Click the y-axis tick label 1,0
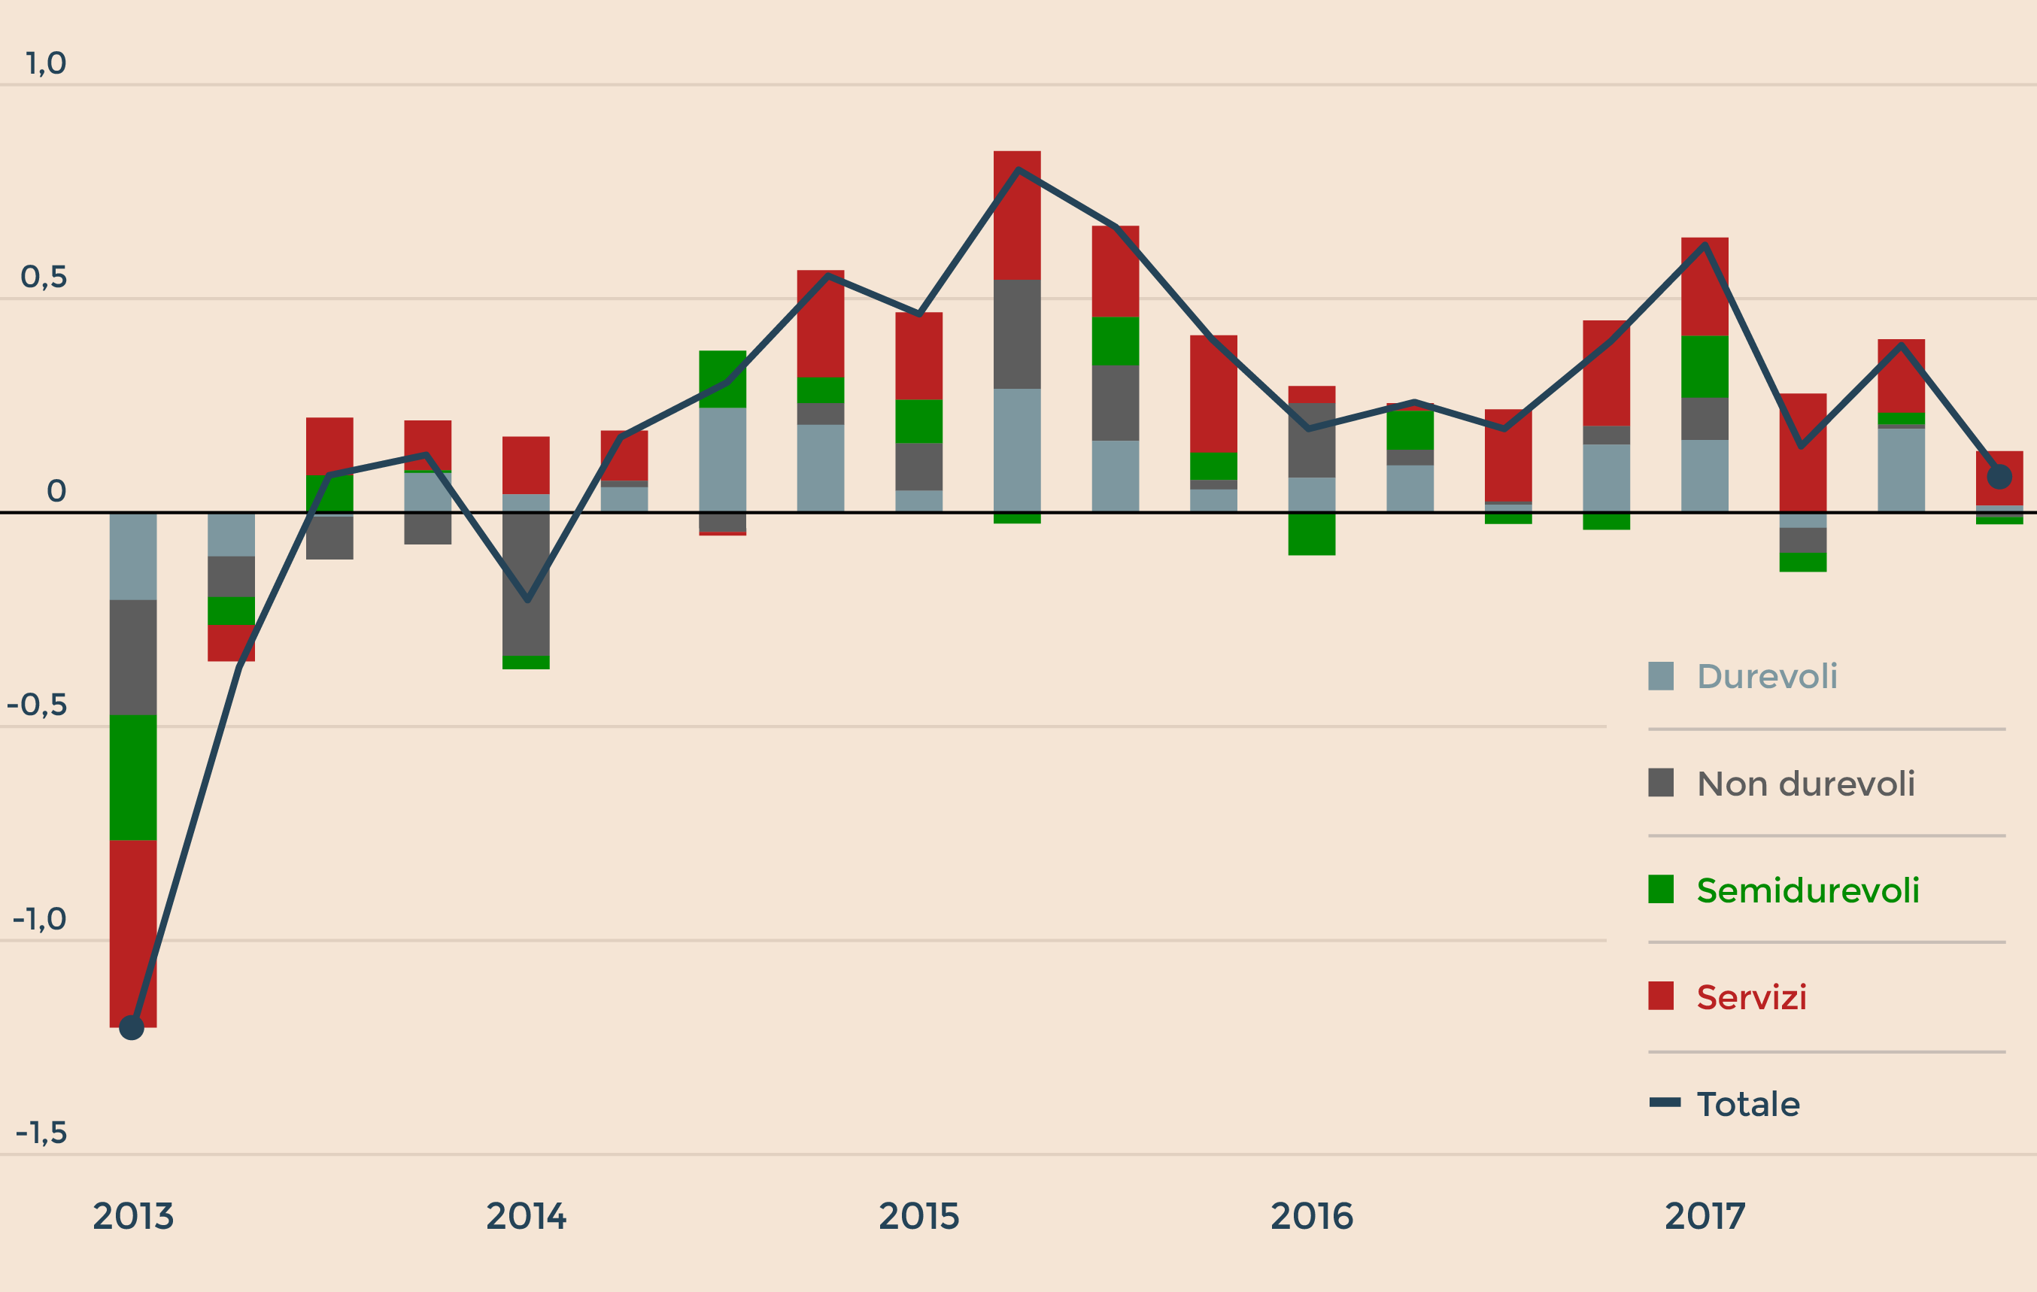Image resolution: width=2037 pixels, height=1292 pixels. tap(46, 63)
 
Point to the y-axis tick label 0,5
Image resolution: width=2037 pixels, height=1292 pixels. tap(43, 278)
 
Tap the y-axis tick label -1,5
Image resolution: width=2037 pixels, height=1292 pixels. tap(41, 1133)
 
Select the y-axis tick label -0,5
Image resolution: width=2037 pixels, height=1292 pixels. tap(36, 705)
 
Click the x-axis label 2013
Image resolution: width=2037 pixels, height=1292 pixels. tap(133, 1217)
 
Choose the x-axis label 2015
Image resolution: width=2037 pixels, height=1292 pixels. tap(918, 1217)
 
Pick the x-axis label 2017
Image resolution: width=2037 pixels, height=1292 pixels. tap(1705, 1217)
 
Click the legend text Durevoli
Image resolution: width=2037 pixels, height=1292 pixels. tap(1767, 676)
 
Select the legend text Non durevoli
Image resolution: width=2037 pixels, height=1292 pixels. tap(1805, 784)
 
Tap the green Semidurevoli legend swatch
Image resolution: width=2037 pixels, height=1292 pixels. tap(1661, 890)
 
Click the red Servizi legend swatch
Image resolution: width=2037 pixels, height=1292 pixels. tap(1661, 996)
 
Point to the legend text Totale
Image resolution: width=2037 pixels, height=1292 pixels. tap(1747, 1104)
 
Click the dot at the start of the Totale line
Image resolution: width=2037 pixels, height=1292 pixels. tap(132, 1027)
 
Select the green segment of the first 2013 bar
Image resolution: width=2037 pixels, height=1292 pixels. tap(133, 777)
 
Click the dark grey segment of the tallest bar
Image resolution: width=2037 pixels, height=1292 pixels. tap(1017, 334)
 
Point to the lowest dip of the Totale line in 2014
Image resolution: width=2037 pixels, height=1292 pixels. tap(527, 600)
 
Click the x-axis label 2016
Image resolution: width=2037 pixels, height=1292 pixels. tap(1311, 1217)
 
